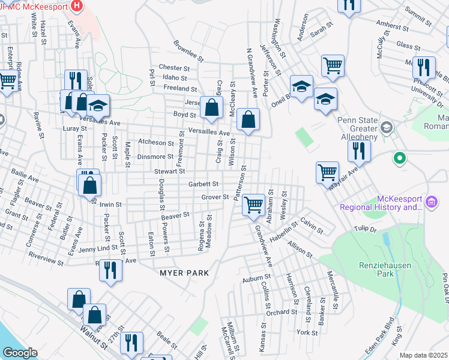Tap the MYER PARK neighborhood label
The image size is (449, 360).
click(184, 273)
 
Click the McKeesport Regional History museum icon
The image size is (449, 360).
click(431, 203)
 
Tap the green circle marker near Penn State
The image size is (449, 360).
click(399, 159)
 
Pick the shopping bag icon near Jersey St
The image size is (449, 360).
click(211, 108)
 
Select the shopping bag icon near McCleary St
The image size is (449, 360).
click(248, 119)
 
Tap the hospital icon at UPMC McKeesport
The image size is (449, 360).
click(77, 7)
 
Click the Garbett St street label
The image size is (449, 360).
click(203, 184)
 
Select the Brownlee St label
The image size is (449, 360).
click(189, 53)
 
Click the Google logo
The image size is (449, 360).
click(19, 353)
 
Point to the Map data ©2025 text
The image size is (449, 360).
click(424, 355)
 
